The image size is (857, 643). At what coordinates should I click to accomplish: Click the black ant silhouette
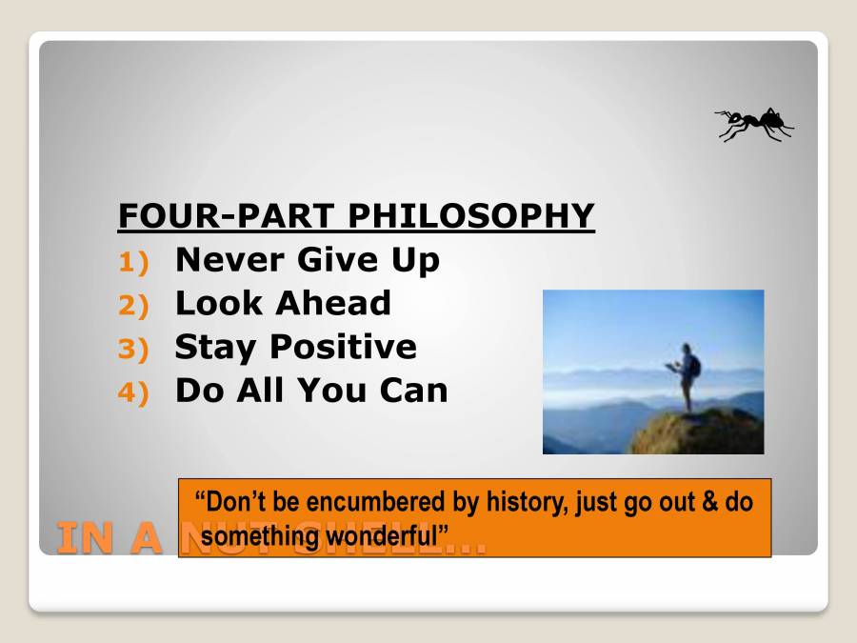(x=754, y=123)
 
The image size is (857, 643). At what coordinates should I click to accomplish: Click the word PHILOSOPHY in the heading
(x=470, y=215)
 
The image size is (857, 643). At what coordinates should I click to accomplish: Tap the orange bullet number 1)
(x=134, y=262)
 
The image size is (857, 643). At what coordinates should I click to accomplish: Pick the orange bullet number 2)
(x=134, y=306)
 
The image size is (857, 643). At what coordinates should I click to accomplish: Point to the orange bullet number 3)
(x=134, y=350)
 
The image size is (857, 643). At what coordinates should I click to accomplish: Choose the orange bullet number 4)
(x=134, y=393)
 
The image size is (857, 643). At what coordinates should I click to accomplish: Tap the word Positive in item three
(x=342, y=347)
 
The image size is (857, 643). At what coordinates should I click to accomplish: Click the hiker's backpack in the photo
(x=695, y=366)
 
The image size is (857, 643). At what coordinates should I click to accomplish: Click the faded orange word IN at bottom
(x=81, y=539)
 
